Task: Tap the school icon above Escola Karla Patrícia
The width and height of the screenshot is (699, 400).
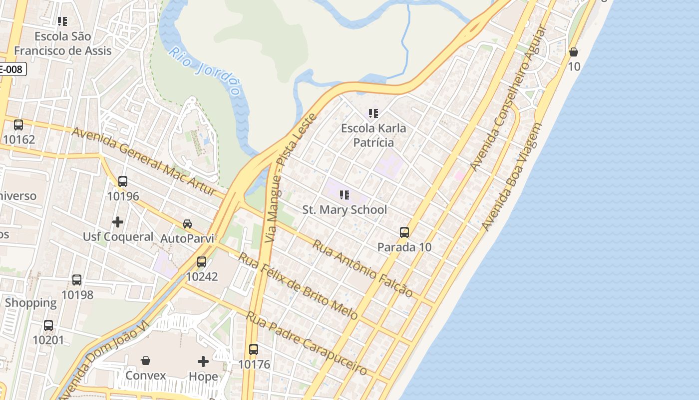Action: (373, 113)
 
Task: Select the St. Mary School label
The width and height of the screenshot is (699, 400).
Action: (345, 209)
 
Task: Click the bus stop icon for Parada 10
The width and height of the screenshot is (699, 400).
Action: (404, 232)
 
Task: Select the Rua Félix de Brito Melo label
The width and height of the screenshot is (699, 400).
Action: (298, 285)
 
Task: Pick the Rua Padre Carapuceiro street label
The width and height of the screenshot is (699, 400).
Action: (307, 344)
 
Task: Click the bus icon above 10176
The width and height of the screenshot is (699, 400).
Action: (254, 349)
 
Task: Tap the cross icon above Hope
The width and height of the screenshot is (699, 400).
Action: (203, 361)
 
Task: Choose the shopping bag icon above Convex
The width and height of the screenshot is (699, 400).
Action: (146, 360)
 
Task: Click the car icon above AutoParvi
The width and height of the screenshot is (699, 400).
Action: (187, 223)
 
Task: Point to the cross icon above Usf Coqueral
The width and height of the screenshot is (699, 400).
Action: (118, 221)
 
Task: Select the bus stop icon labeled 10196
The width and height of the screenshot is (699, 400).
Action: (123, 181)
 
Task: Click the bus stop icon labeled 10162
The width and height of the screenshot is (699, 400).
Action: (18, 125)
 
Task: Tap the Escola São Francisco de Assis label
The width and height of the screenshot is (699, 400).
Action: (63, 43)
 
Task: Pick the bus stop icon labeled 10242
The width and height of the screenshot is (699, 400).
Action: (202, 261)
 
